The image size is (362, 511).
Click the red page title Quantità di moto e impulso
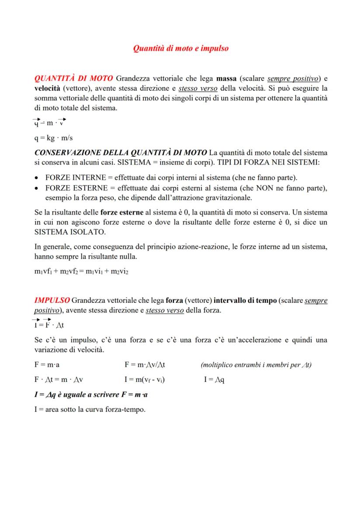tap(181, 48)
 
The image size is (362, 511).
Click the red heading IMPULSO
tap(52, 301)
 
